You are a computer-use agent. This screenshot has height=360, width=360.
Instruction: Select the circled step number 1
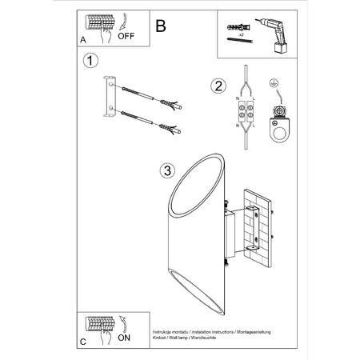(91, 60)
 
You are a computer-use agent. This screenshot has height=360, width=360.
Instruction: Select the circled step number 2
(216, 86)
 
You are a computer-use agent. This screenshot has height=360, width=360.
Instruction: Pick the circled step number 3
(166, 170)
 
